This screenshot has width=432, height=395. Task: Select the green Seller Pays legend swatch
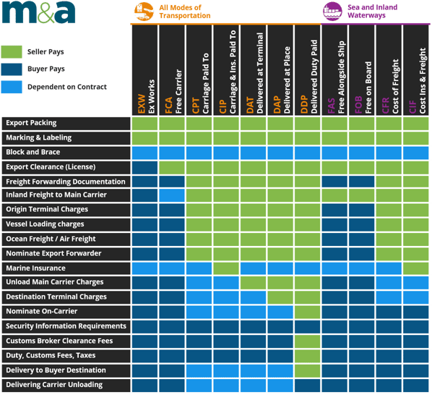[12, 52]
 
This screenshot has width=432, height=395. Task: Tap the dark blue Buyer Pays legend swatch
[12, 69]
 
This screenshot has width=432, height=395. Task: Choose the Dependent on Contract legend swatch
[12, 87]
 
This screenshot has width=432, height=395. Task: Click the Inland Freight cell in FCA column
[172, 195]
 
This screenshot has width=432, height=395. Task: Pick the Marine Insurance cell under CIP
[226, 268]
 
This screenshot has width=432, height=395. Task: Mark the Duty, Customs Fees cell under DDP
[308, 355]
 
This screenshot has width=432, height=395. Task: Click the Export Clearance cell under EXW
[144, 166]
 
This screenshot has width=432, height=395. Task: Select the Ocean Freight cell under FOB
[362, 239]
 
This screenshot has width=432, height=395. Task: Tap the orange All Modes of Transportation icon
[143, 12]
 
